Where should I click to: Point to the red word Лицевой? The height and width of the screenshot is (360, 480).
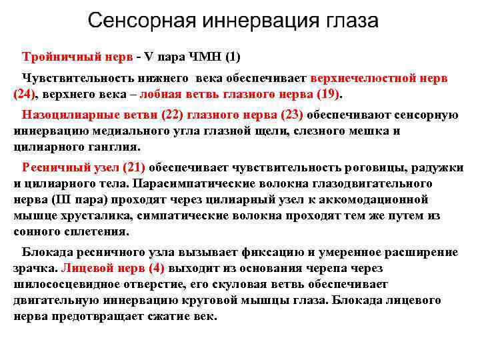click(85, 268)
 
